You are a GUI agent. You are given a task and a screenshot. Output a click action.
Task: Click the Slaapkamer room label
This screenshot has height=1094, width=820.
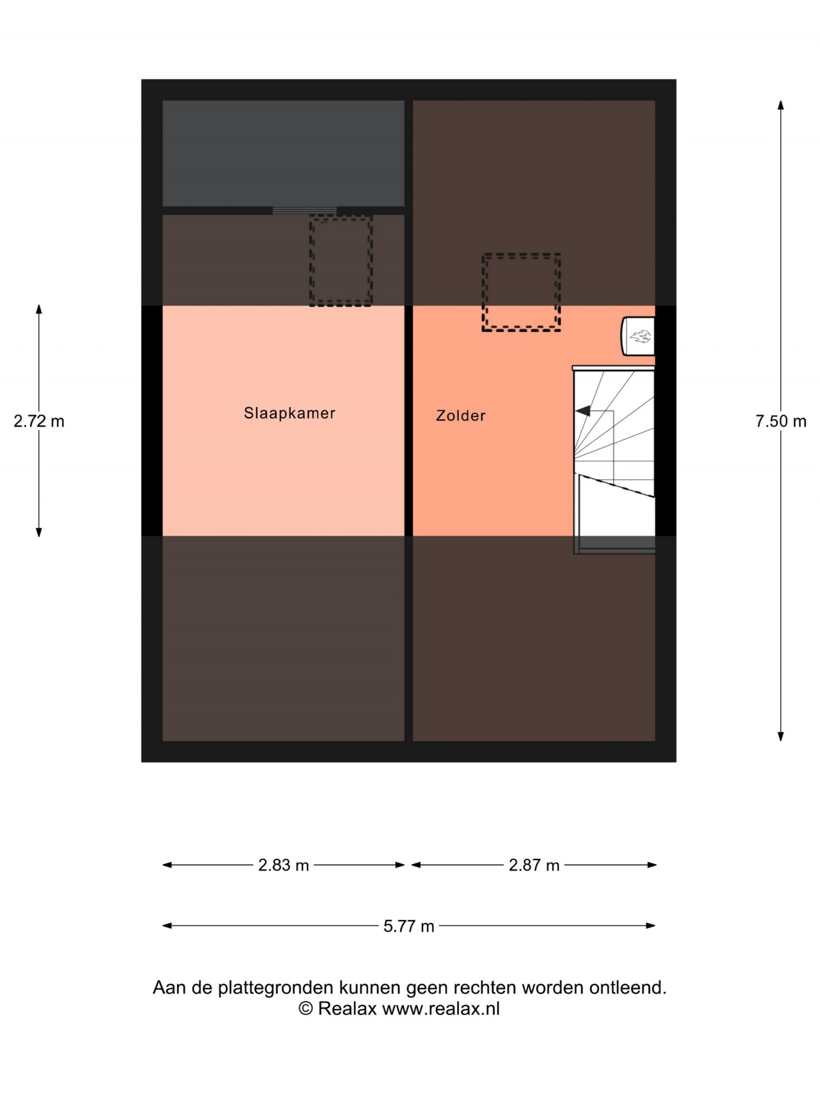click(290, 413)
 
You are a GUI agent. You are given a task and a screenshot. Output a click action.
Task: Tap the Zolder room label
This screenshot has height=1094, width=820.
click(461, 415)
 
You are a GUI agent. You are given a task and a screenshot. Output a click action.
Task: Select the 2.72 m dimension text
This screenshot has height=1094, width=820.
click(39, 421)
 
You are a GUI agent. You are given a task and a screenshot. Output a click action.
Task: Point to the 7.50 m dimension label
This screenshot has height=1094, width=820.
click(781, 421)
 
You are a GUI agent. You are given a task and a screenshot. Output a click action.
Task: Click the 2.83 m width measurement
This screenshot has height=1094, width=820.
click(283, 865)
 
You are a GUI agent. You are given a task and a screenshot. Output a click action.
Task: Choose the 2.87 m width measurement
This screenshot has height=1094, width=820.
click(534, 865)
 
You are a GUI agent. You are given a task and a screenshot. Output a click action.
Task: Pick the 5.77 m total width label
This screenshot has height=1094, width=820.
click(408, 926)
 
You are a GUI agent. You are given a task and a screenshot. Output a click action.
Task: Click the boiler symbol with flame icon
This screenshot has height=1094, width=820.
click(638, 336)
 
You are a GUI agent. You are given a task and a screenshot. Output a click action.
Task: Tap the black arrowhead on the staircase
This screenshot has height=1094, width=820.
click(583, 411)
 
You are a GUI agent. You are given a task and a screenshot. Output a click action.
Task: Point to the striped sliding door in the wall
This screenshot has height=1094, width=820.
click(304, 210)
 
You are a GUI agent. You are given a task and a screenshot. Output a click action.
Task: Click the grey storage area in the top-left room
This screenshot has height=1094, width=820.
click(283, 153)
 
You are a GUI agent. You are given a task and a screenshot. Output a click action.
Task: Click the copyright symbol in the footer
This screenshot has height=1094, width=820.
click(306, 1008)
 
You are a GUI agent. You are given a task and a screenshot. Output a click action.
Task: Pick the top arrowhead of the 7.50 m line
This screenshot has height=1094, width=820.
click(781, 105)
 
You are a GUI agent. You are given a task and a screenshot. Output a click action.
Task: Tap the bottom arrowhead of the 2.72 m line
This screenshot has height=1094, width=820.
click(39, 532)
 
